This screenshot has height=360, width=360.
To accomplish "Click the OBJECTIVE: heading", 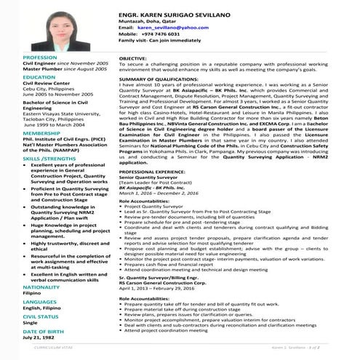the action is point(132,57).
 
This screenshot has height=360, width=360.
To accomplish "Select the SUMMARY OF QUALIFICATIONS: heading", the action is point(167,79).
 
